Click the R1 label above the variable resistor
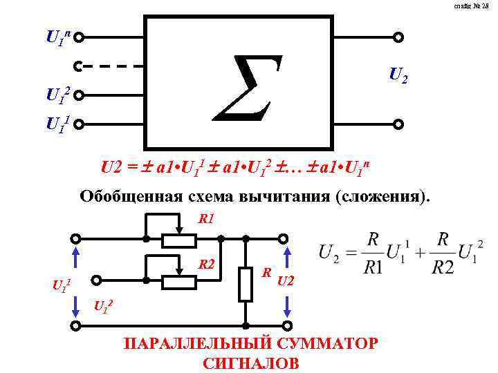point(207,220)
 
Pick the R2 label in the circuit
point(207,264)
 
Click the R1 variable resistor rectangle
point(180,240)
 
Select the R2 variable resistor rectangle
point(180,282)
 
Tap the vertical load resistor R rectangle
point(246,284)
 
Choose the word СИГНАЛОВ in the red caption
point(252,363)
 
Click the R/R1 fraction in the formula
point(373,253)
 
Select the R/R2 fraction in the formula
point(443,253)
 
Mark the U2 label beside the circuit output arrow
point(286,280)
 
